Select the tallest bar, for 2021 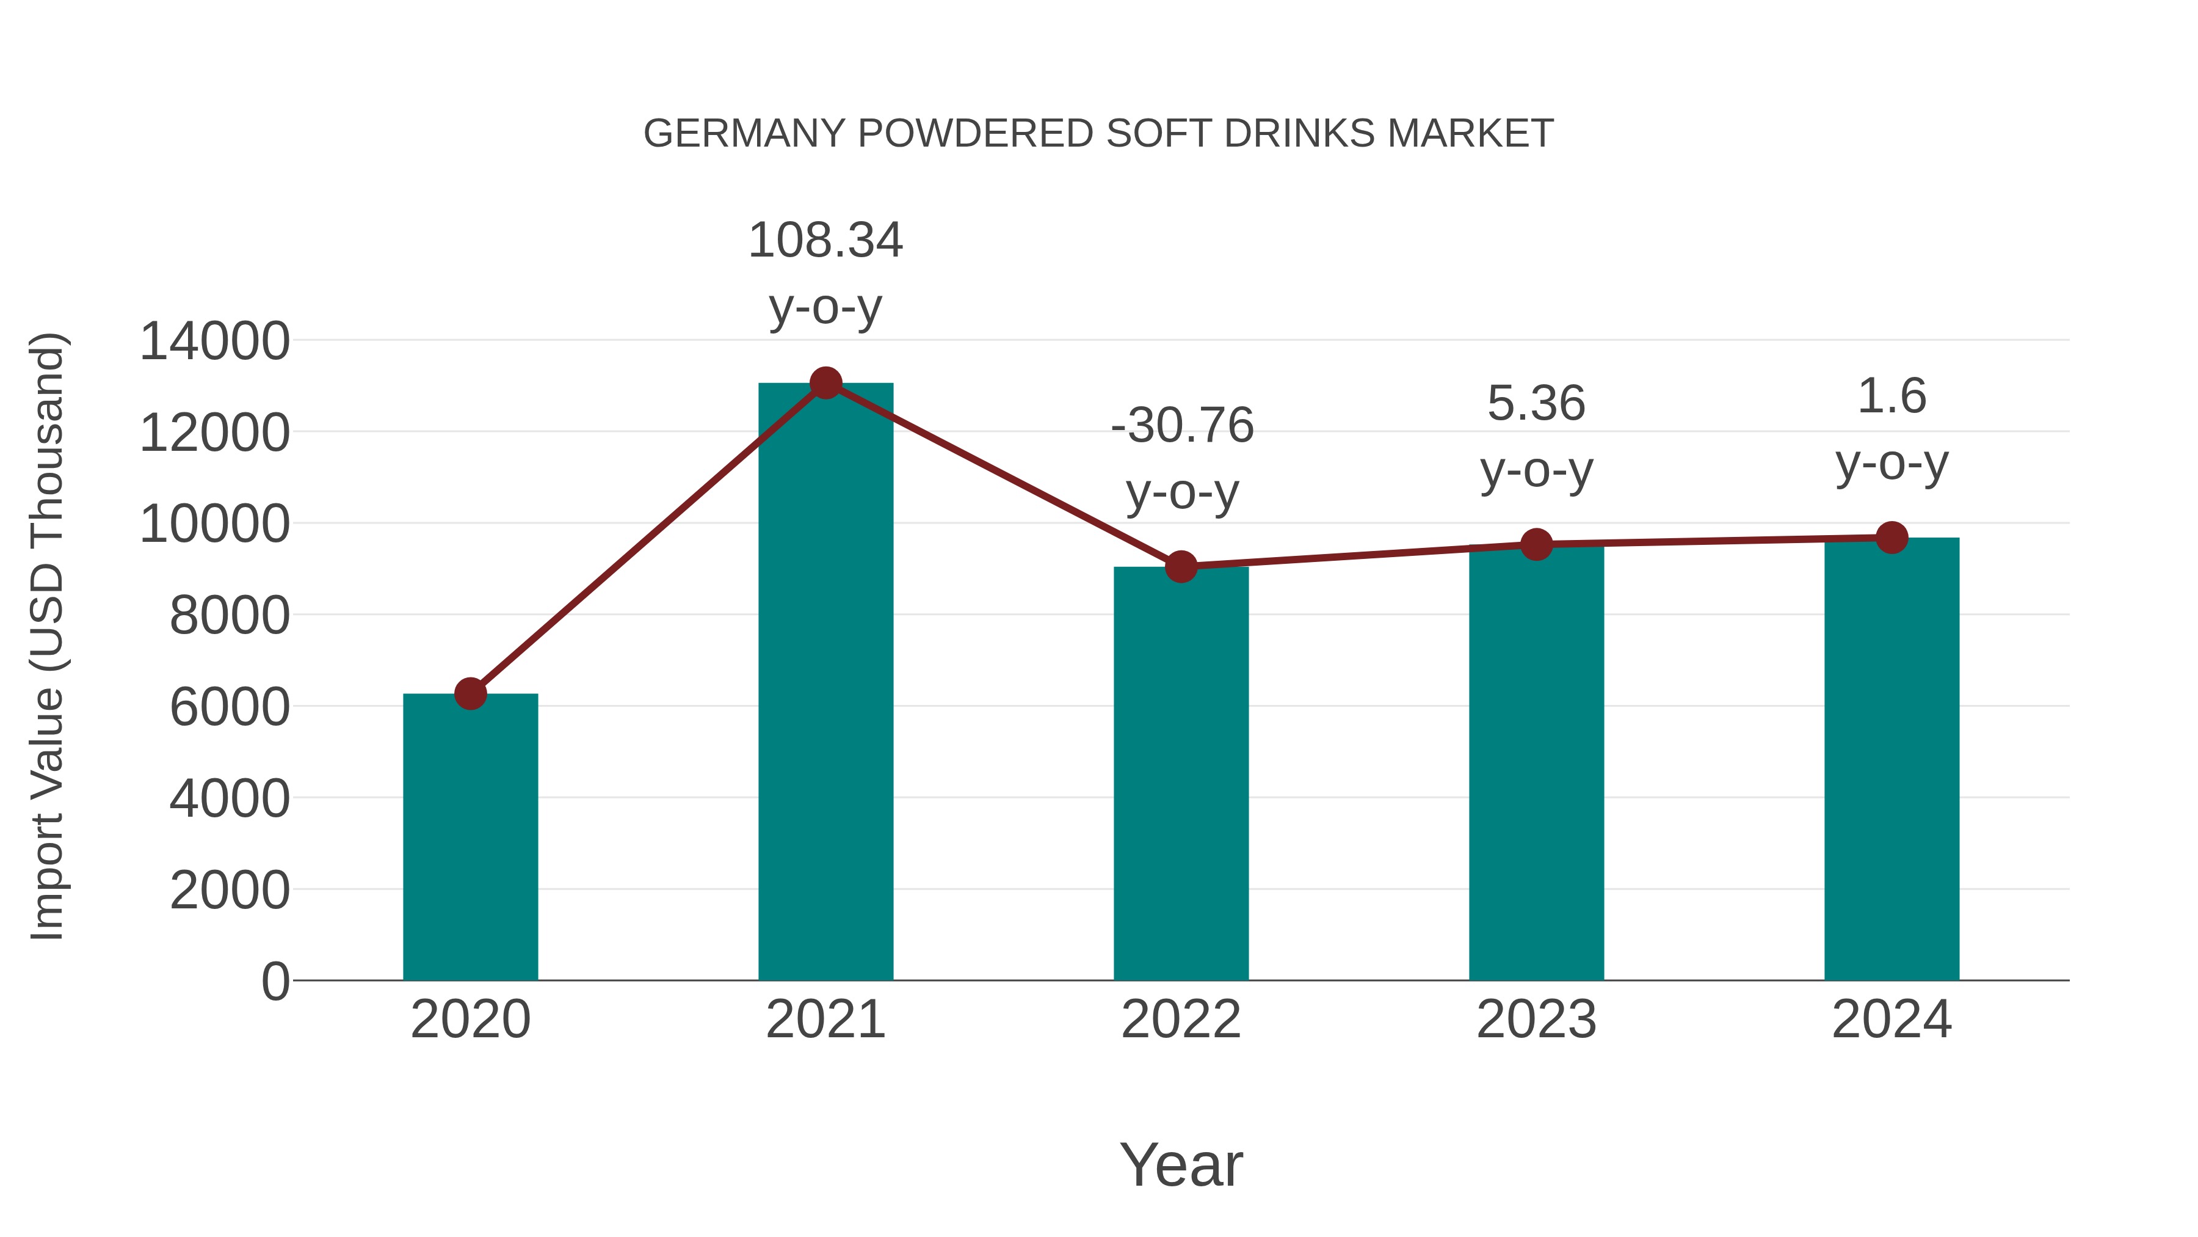825,683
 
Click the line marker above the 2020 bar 470,693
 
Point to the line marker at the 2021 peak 825,383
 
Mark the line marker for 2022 1181,566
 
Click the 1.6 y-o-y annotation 1892,429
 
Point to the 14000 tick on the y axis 214,341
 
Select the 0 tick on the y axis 275,981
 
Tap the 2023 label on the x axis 1536,1020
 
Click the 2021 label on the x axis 825,1020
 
